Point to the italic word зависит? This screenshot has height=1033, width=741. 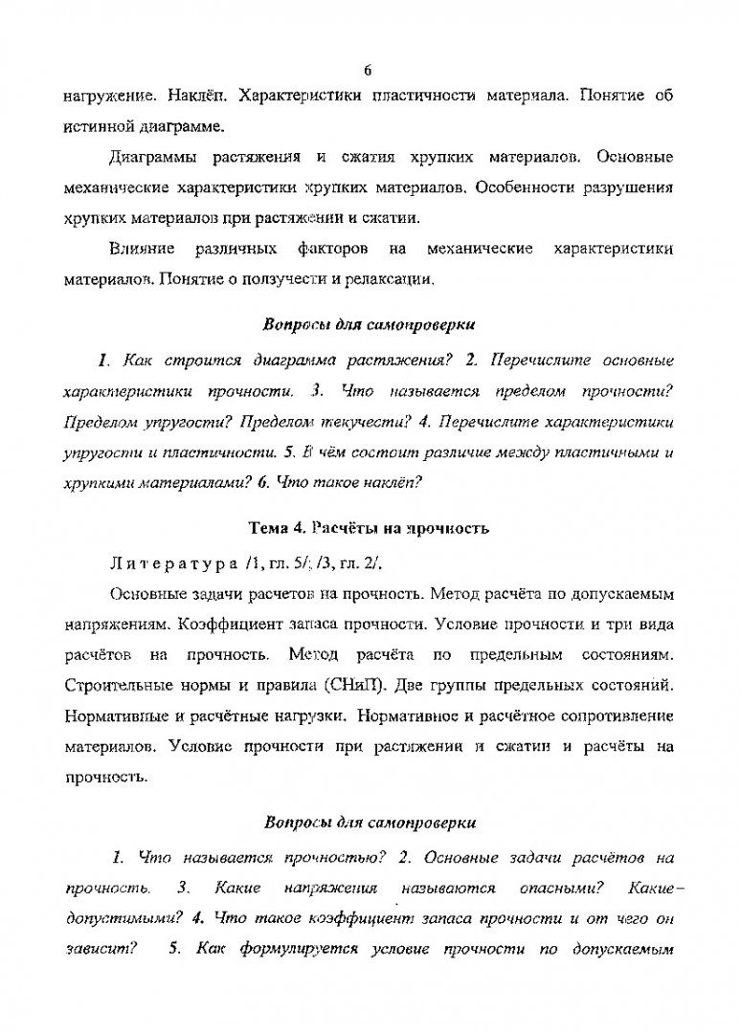pos(98,951)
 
